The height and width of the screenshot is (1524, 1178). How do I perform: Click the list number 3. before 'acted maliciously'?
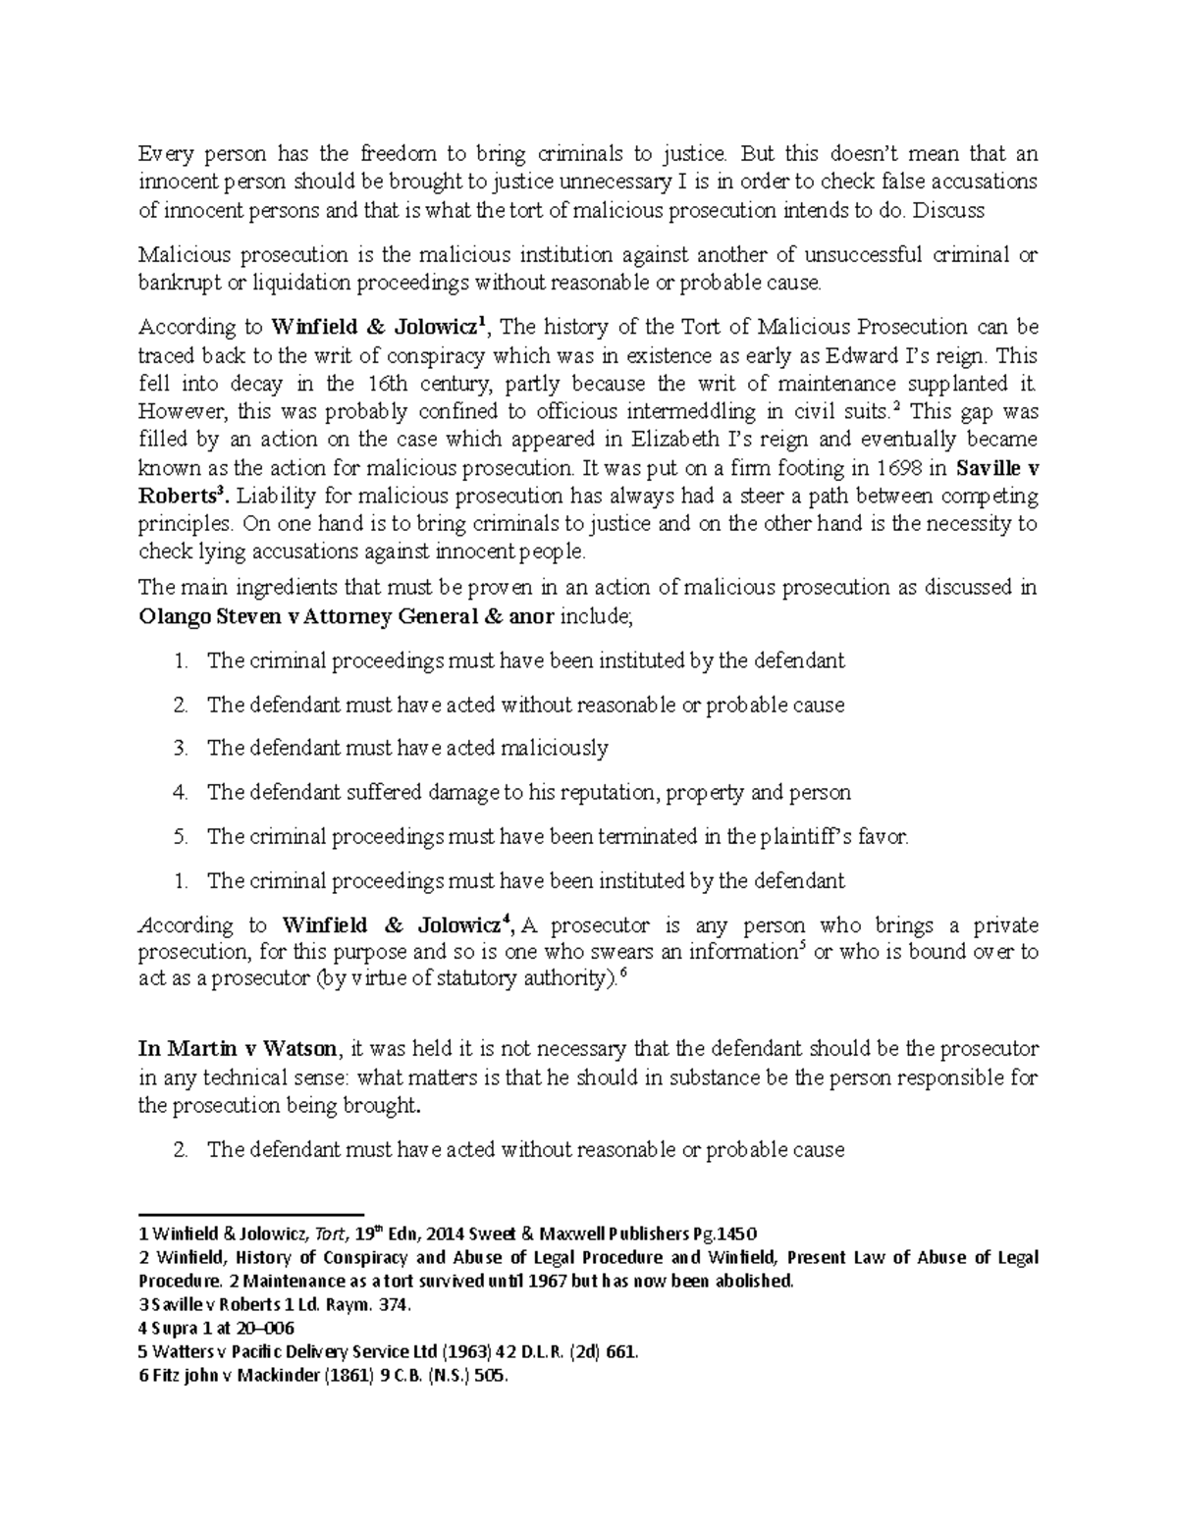click(180, 749)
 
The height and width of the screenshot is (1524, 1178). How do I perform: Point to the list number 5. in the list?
click(180, 837)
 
